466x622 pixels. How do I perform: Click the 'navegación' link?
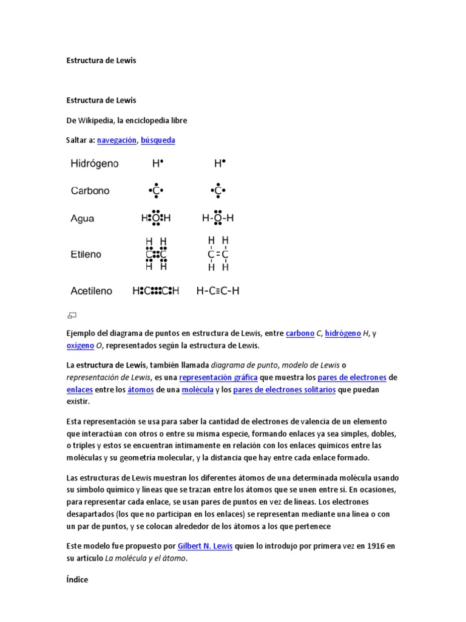coord(116,140)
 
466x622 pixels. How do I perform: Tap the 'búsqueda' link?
coord(158,140)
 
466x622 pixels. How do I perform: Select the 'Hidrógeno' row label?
coord(95,163)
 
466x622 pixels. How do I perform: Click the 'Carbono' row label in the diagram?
coord(90,191)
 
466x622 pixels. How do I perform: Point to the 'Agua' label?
coord(83,218)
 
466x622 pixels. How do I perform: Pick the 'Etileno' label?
coord(86,255)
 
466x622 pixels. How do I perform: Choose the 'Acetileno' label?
coord(92,291)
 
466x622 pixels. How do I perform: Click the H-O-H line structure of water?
coord(218,218)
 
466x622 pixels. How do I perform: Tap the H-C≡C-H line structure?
coord(218,291)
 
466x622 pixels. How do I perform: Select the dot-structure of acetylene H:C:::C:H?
coord(156,291)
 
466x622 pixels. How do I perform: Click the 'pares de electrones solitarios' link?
coord(284,390)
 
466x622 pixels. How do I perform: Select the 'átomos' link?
coord(140,390)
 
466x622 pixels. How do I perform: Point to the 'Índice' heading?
coord(77,579)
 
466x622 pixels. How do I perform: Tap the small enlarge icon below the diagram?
coord(72,315)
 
